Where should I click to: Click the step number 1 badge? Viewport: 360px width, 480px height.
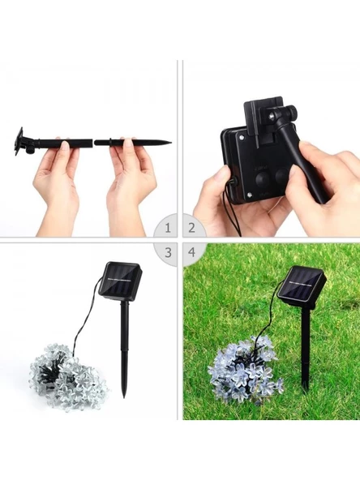tap(168, 228)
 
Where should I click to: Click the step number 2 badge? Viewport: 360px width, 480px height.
tap(191, 228)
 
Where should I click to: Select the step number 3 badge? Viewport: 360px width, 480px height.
tap(168, 252)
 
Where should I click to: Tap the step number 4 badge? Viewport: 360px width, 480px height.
tap(191, 252)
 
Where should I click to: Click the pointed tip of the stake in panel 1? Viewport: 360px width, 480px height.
tap(170, 143)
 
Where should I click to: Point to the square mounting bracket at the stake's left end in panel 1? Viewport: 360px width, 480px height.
tap(19, 141)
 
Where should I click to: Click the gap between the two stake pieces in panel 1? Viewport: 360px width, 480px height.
tap(93, 143)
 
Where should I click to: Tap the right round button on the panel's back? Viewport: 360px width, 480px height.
tap(281, 176)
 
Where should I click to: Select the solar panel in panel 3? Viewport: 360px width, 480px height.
tap(120, 281)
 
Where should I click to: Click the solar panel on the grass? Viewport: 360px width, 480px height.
tap(302, 286)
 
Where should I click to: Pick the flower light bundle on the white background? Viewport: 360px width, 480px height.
tap(68, 377)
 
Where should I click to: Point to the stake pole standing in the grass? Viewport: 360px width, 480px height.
tap(305, 349)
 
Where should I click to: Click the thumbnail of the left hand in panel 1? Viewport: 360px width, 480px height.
tap(65, 145)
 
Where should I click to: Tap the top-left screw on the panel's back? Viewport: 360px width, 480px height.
tap(242, 136)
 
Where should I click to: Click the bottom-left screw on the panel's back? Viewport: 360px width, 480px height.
tap(249, 195)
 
